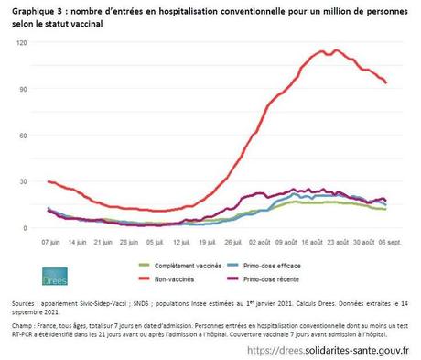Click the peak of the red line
coord(336,50)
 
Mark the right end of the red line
coord(385,83)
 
